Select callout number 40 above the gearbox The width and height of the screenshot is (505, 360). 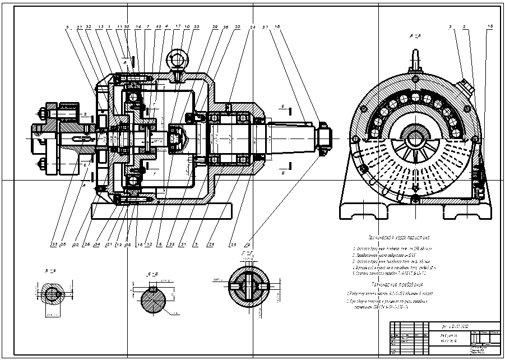coord(159,27)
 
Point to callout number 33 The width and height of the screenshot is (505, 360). coord(196,27)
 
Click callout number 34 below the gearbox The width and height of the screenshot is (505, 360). coord(98,244)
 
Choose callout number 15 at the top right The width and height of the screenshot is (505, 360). coord(489,27)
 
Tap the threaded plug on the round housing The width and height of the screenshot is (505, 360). coord(468,87)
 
